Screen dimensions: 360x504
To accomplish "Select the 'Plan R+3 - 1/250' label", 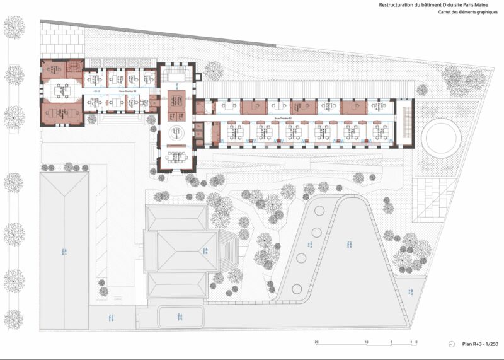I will pos(479,344).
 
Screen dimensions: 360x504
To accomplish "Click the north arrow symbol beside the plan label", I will pos(452,344).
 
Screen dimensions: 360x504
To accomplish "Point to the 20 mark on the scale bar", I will pos(317,340).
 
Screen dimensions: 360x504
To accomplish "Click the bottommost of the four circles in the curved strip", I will pos(297,289).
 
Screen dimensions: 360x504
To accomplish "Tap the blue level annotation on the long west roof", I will pos(64,253).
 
